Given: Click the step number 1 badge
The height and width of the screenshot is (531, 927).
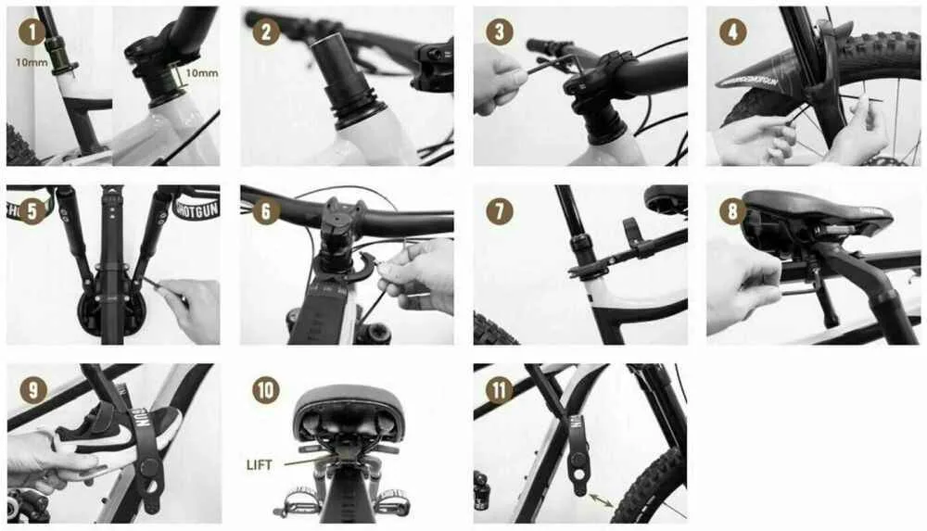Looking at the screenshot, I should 32,32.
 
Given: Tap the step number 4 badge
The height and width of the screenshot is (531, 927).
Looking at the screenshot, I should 733,32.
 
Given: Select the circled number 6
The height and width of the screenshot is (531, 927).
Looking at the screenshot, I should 266,211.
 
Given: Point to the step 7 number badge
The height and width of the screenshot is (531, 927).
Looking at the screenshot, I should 500,211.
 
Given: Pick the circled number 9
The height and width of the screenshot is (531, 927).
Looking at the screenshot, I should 33,389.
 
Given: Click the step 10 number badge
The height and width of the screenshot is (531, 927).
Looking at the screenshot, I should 266,389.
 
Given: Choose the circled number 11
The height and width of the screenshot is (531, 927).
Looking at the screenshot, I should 500,389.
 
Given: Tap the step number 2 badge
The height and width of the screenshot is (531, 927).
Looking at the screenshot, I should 266,32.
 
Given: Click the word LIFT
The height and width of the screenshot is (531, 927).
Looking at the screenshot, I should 260,464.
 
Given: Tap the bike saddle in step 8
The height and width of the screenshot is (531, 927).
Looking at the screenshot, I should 816,209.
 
